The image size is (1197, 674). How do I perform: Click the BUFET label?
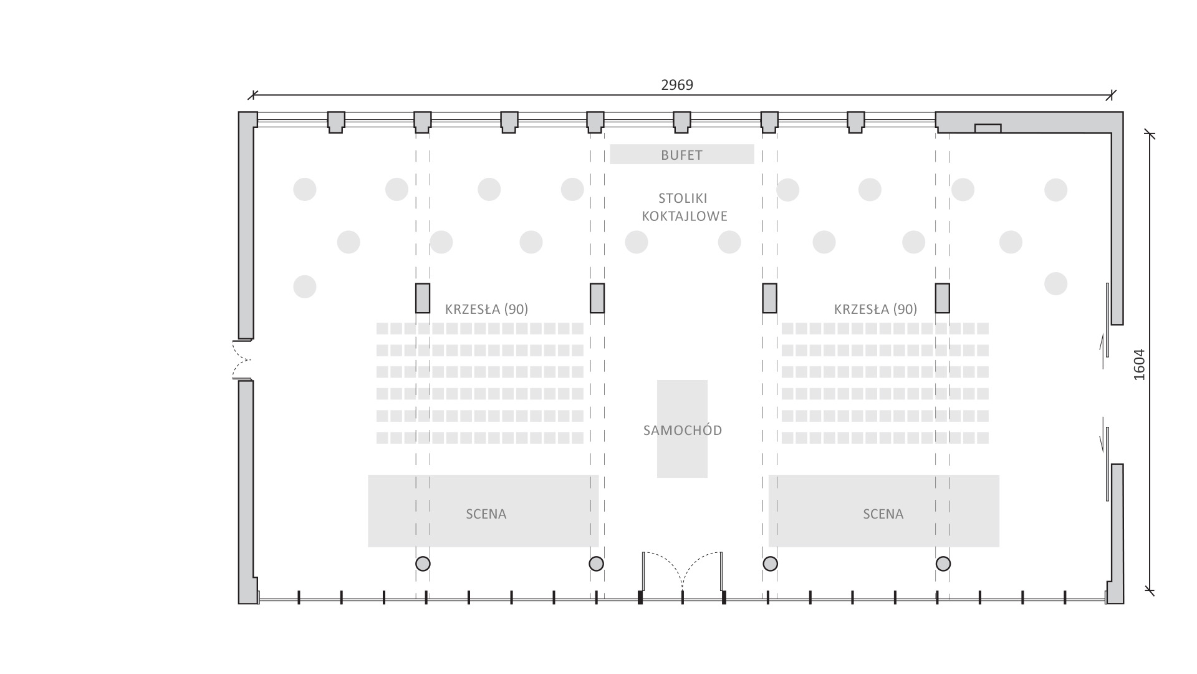(x=681, y=155)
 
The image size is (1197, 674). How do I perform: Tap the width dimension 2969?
(x=677, y=85)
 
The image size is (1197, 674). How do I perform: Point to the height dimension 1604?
(x=1139, y=364)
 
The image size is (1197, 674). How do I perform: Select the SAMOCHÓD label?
(x=683, y=430)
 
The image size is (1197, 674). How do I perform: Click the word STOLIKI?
(x=683, y=198)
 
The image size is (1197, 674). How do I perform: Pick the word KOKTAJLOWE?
(x=685, y=217)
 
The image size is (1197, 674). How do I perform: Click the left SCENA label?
(x=486, y=514)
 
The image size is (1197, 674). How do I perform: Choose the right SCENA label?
(x=883, y=514)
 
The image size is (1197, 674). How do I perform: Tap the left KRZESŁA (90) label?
(x=486, y=309)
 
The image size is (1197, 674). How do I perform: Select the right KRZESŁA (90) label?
(x=875, y=309)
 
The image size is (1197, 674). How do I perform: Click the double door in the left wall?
(x=242, y=360)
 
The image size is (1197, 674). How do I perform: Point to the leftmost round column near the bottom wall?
(x=423, y=564)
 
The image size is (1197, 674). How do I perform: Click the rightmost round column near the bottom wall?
(x=943, y=564)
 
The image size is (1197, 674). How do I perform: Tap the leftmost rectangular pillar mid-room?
(x=423, y=298)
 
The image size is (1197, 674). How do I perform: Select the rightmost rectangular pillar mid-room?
(x=942, y=298)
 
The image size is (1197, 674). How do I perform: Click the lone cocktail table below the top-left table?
(x=305, y=286)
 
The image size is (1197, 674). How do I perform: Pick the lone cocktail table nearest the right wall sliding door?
(x=1056, y=283)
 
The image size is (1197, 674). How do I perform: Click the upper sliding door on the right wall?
(x=1107, y=320)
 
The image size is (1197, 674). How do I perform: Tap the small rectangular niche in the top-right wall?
(x=988, y=129)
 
